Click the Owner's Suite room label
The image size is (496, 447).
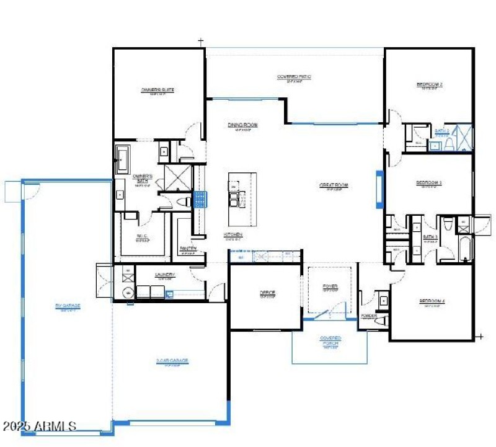point(157,90)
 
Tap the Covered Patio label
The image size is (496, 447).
point(294,77)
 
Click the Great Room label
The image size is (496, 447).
point(334,185)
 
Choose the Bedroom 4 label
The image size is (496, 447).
point(432,302)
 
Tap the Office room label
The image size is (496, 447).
point(267,293)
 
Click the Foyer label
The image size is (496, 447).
point(330,286)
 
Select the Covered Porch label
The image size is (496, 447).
point(330,339)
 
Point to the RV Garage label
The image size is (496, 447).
point(68,305)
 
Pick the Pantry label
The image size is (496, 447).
point(188,249)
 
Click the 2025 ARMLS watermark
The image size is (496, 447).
point(40,427)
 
